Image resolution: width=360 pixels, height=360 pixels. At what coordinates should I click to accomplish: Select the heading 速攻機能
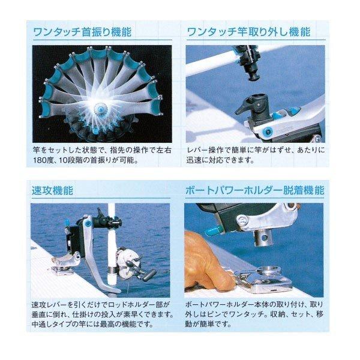(52, 191)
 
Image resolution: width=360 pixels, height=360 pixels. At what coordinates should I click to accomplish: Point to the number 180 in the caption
(43, 161)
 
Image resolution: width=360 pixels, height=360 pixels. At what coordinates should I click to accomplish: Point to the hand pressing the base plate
(210, 264)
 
